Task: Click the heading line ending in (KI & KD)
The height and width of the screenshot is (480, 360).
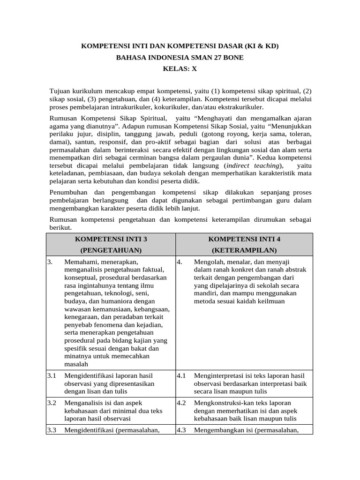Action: click(x=180, y=46)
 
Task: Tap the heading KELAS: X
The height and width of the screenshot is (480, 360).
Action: click(x=180, y=68)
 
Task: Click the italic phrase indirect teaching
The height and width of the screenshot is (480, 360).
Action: click(x=254, y=165)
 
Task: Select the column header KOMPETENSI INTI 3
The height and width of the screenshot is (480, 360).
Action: click(x=111, y=239)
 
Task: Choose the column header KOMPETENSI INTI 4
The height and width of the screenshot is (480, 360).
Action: click(x=244, y=239)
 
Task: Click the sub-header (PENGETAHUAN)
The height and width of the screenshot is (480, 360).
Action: click(x=111, y=250)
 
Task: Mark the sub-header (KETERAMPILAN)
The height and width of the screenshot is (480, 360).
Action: click(x=244, y=250)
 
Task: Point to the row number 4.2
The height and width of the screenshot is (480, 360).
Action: click(x=181, y=403)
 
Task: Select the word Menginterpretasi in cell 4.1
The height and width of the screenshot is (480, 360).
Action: click(x=218, y=375)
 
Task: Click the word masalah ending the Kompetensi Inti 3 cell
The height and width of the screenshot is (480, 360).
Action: click(x=76, y=364)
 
